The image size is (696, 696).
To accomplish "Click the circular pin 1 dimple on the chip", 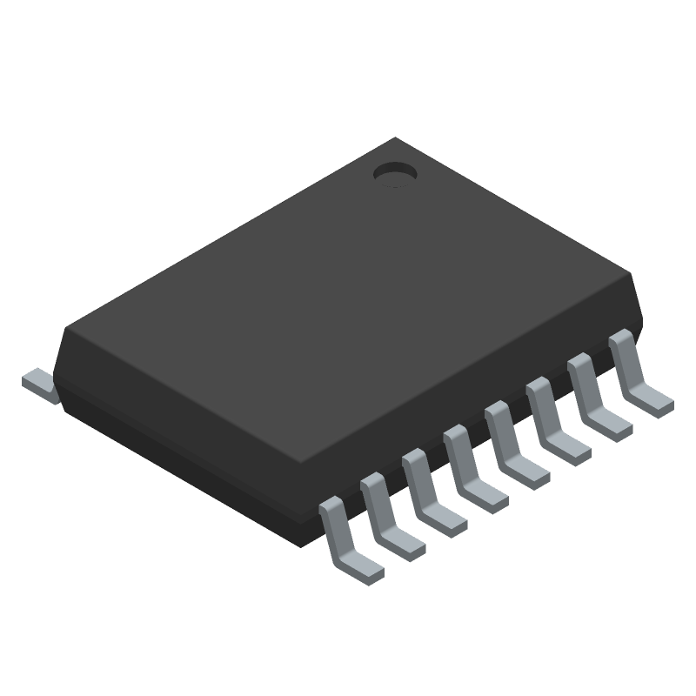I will pyautogui.click(x=394, y=175).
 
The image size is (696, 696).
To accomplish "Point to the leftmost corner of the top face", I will pyautogui.click(x=65, y=328).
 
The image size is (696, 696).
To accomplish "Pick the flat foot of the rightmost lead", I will pyautogui.click(x=651, y=400).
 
